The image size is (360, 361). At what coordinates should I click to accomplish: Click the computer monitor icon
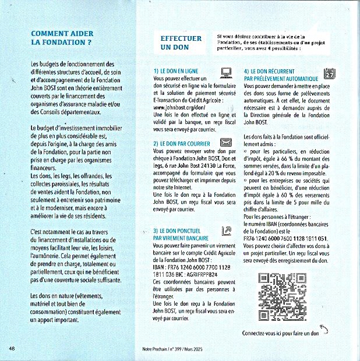click(227, 72)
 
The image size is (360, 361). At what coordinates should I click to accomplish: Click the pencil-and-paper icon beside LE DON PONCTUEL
click(226, 231)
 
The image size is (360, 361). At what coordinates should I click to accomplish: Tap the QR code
click(282, 296)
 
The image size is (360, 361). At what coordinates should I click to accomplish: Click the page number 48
click(12, 348)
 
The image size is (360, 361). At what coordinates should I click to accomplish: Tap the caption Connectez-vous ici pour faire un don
click(280, 333)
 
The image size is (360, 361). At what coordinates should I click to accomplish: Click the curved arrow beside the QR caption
click(324, 330)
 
